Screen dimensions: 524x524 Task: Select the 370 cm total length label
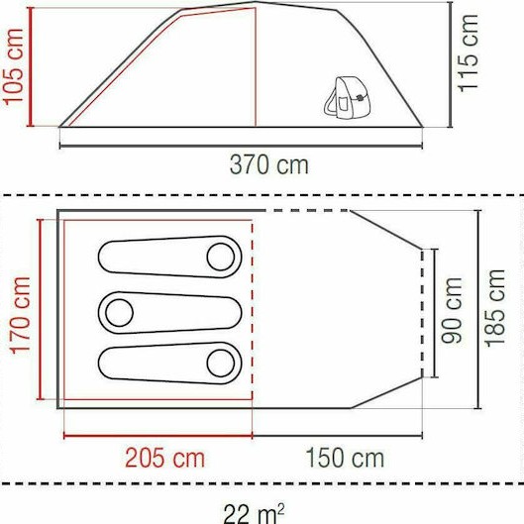(268, 164)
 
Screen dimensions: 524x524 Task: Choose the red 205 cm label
(164, 458)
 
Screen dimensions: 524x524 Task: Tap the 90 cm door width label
(454, 309)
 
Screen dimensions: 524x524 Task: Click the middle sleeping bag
(169, 312)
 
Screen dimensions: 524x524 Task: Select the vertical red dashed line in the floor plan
(253, 327)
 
